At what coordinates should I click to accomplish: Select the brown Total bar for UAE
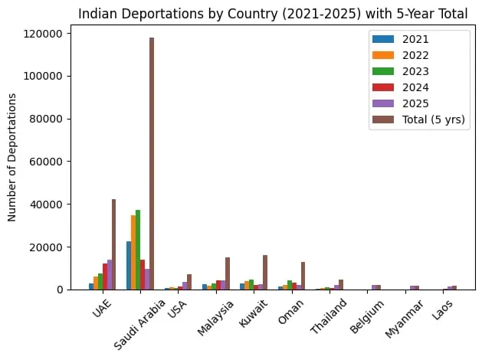114,244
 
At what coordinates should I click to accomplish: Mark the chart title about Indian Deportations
272,12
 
